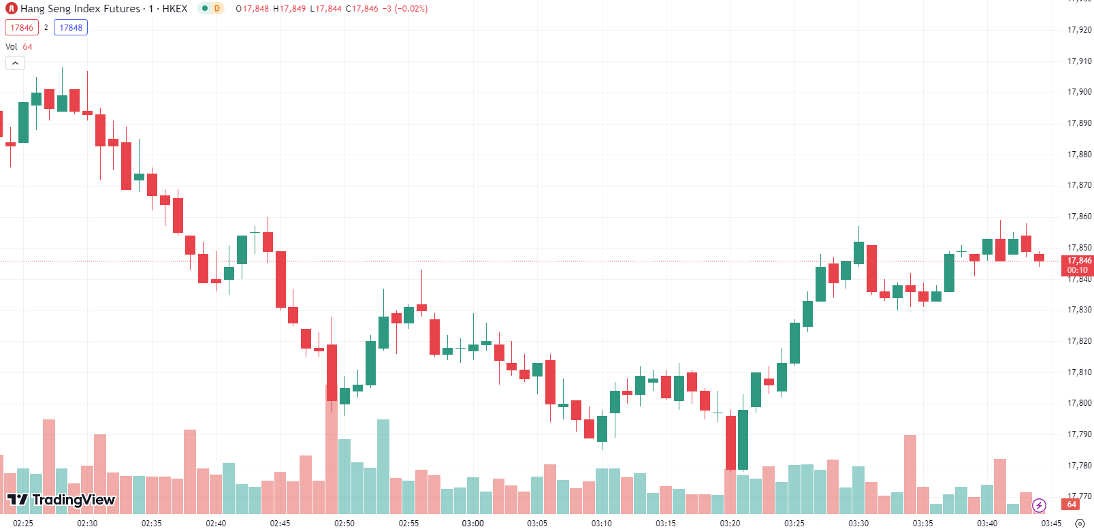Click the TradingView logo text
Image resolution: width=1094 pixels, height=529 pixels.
tap(73, 500)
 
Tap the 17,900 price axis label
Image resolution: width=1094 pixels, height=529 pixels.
tap(1079, 92)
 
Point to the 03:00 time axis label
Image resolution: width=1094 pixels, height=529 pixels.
tap(472, 523)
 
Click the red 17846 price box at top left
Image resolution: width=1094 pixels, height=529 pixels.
tap(22, 28)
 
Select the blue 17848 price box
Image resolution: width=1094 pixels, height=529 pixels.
tap(71, 28)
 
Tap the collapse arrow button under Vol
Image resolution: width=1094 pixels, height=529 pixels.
tap(15, 63)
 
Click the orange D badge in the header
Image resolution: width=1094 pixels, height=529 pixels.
tap(217, 9)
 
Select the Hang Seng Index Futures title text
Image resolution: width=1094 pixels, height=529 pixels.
tap(80, 9)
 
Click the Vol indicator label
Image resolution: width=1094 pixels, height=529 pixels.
tap(12, 47)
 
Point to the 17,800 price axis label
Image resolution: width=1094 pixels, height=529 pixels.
tap(1079, 403)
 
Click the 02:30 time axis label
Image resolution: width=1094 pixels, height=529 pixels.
tap(87, 523)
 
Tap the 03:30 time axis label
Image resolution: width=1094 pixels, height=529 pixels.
tap(858, 523)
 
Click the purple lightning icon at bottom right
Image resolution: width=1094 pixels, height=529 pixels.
tap(1039, 505)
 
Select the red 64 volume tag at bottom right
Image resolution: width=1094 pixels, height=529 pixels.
tap(1072, 504)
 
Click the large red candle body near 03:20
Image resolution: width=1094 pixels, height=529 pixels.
tap(730, 443)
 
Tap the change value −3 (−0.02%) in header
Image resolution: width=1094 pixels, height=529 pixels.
tap(406, 9)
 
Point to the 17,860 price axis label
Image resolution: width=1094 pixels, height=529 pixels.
tap(1079, 217)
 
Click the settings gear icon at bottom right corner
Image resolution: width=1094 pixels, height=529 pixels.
tap(1080, 523)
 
